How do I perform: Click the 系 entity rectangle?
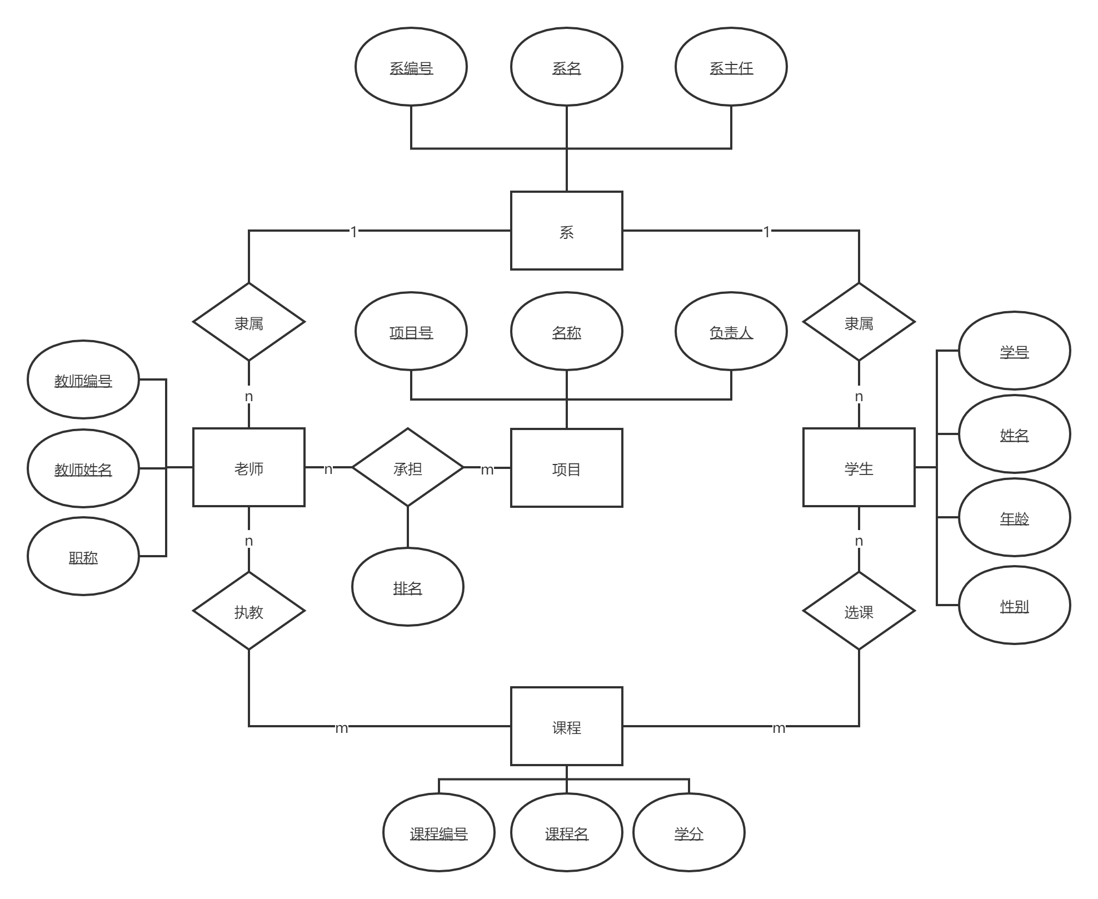click(566, 231)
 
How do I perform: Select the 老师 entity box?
click(248, 467)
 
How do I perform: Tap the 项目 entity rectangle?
click(566, 468)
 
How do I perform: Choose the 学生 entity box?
click(859, 467)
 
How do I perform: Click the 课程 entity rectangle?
click(566, 726)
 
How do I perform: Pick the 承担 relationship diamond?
click(407, 467)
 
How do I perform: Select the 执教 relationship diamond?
click(248, 611)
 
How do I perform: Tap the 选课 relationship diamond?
click(859, 611)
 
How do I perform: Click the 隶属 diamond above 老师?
click(248, 322)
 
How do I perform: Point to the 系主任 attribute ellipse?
click(731, 67)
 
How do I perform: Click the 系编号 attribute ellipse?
click(411, 67)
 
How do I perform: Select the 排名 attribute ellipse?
click(407, 587)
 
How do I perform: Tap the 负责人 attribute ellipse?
click(731, 331)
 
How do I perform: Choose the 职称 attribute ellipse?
click(83, 556)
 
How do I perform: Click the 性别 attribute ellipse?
click(1014, 605)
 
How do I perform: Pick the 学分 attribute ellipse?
click(688, 832)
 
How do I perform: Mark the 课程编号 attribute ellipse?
click(438, 832)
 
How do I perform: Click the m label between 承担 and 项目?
click(487, 470)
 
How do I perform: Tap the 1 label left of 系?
click(353, 231)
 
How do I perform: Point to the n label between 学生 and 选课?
click(859, 540)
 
